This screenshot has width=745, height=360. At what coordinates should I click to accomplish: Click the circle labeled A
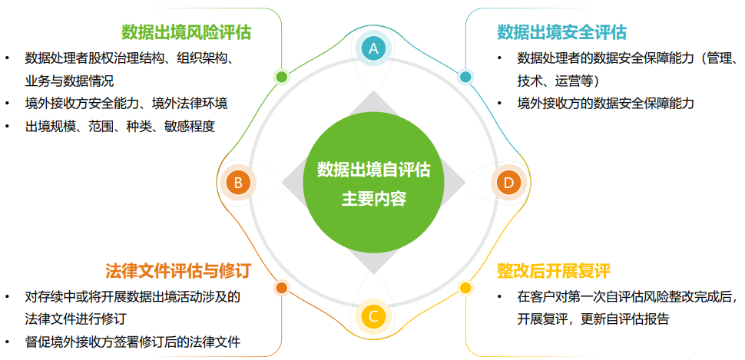pyautogui.click(x=373, y=48)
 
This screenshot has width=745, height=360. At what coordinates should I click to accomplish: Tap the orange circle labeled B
pyautogui.click(x=238, y=183)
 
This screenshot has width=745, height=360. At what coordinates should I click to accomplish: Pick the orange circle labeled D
pyautogui.click(x=508, y=183)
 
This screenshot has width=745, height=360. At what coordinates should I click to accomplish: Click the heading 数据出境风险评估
pyautogui.click(x=186, y=32)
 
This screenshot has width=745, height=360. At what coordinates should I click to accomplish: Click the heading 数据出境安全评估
pyautogui.click(x=561, y=32)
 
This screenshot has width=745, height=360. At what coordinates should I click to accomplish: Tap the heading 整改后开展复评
pyautogui.click(x=553, y=272)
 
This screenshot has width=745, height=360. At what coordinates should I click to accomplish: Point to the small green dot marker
pyautogui.click(x=282, y=77)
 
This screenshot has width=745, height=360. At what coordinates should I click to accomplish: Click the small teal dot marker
pyautogui.click(x=465, y=77)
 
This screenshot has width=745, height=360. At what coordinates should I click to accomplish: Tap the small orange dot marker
pyautogui.click(x=282, y=289)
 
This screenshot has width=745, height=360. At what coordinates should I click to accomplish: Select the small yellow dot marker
pyautogui.click(x=465, y=289)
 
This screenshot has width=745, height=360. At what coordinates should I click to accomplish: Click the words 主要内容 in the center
pyautogui.click(x=373, y=200)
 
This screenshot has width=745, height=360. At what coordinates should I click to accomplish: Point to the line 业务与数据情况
pyautogui.click(x=69, y=81)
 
